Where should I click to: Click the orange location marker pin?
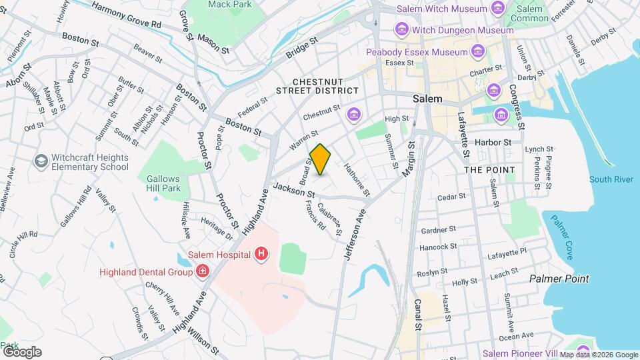(321, 159)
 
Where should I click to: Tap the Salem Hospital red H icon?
(262, 254)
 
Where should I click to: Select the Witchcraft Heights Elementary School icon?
(41, 161)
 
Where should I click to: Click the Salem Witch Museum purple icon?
(497, 8)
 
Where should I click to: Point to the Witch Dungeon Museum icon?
(401, 30)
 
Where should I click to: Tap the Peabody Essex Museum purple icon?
(477, 51)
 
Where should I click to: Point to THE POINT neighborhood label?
(489, 170)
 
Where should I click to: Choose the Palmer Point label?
(559, 279)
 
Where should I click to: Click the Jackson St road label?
(293, 189)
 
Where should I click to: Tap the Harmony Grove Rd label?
(127, 15)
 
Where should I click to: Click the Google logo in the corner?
(22, 352)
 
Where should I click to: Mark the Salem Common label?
(530, 13)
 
